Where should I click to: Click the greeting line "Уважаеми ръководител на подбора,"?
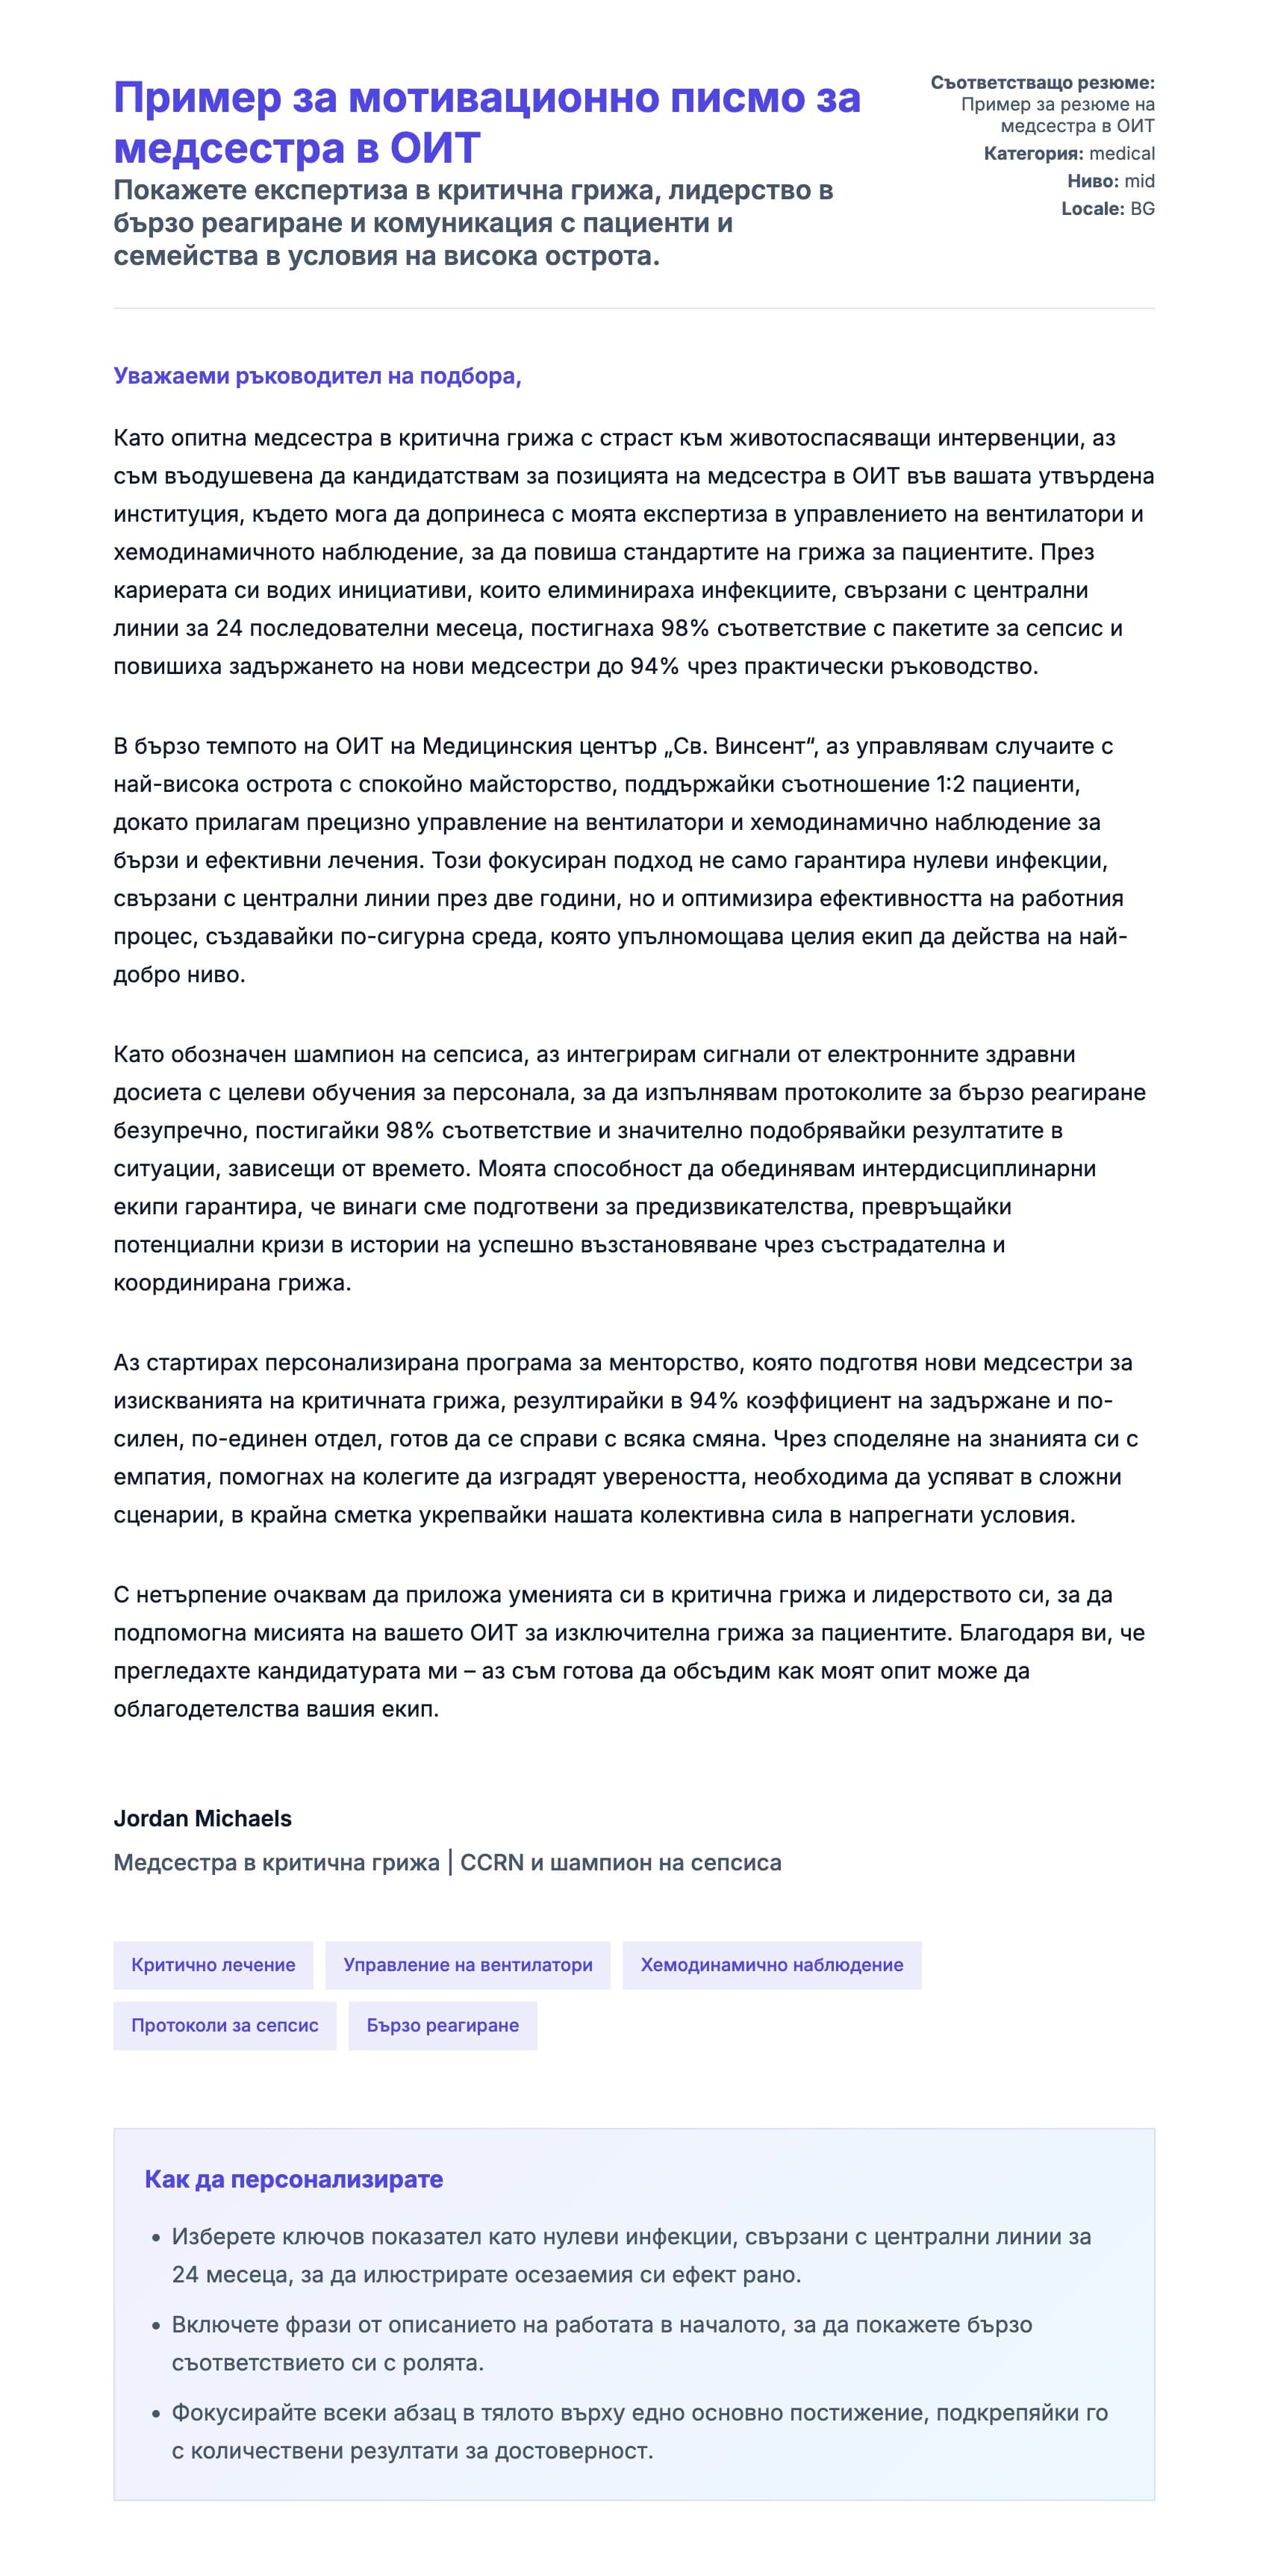(x=317, y=376)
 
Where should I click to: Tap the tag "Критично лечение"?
(x=213, y=1965)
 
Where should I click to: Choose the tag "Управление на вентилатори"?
(x=467, y=1965)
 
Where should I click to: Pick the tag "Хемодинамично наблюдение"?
(x=771, y=1965)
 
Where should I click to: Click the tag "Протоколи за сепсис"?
(x=225, y=2026)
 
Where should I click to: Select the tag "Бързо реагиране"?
(x=443, y=2026)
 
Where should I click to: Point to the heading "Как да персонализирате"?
(x=293, y=2179)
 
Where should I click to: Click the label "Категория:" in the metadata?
(x=1032, y=154)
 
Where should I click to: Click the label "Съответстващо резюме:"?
(x=1041, y=83)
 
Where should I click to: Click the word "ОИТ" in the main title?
(x=434, y=149)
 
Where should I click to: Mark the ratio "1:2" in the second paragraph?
(x=950, y=784)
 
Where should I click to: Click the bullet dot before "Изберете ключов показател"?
(x=156, y=2238)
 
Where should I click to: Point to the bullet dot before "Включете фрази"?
(x=156, y=2326)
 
